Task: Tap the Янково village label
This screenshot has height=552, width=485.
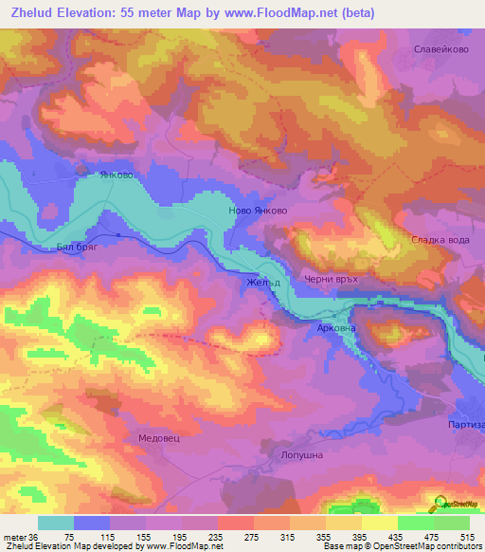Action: point(117,175)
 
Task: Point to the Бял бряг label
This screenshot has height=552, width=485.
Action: point(78,245)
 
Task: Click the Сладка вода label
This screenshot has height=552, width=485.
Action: point(440,240)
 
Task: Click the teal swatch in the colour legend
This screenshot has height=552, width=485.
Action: point(56,523)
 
